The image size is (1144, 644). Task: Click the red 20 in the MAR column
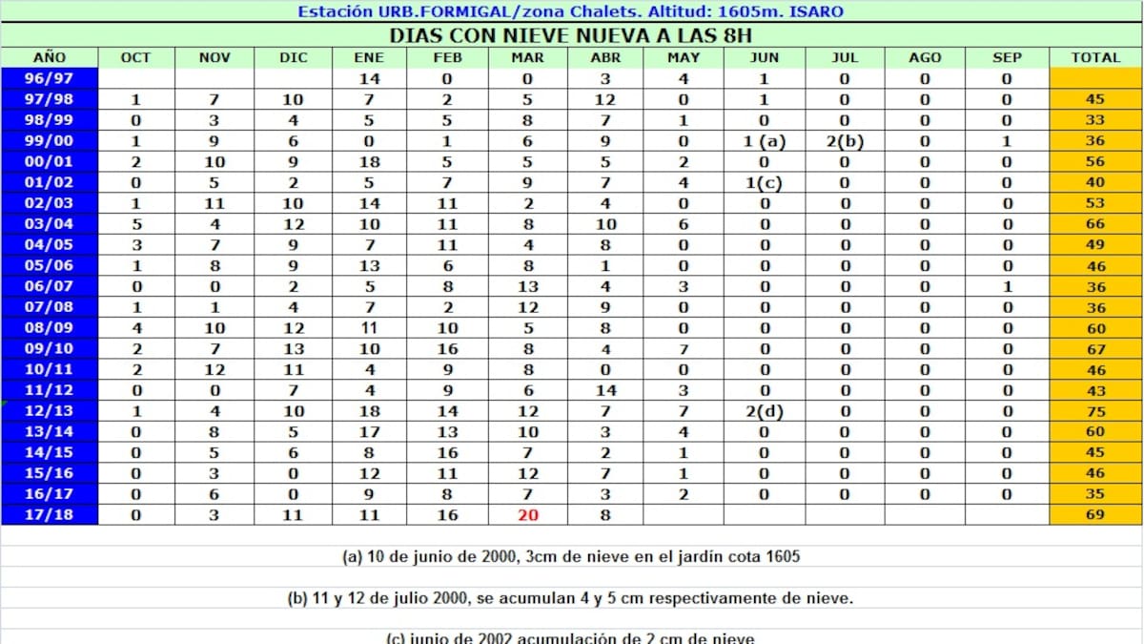[528, 515]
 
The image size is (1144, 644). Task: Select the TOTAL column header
[1095, 58]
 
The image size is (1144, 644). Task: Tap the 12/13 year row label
[50, 411]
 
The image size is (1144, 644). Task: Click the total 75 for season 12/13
[1095, 411]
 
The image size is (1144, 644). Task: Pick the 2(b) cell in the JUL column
[845, 141]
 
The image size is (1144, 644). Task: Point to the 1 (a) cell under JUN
[765, 141]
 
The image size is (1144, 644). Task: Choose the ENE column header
[369, 58]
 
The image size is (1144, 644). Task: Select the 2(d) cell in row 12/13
[765, 411]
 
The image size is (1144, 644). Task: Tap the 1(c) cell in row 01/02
[765, 183]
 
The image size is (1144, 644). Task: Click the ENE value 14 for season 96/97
[369, 79]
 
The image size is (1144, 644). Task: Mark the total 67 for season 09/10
[1095, 349]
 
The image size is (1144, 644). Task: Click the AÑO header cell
[50, 58]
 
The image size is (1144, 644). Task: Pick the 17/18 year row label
[50, 515]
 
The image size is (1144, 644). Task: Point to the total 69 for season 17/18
[1095, 515]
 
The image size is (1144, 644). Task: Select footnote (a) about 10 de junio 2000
[570, 556]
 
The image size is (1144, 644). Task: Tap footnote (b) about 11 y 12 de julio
[570, 598]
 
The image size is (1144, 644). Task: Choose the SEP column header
[1007, 58]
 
